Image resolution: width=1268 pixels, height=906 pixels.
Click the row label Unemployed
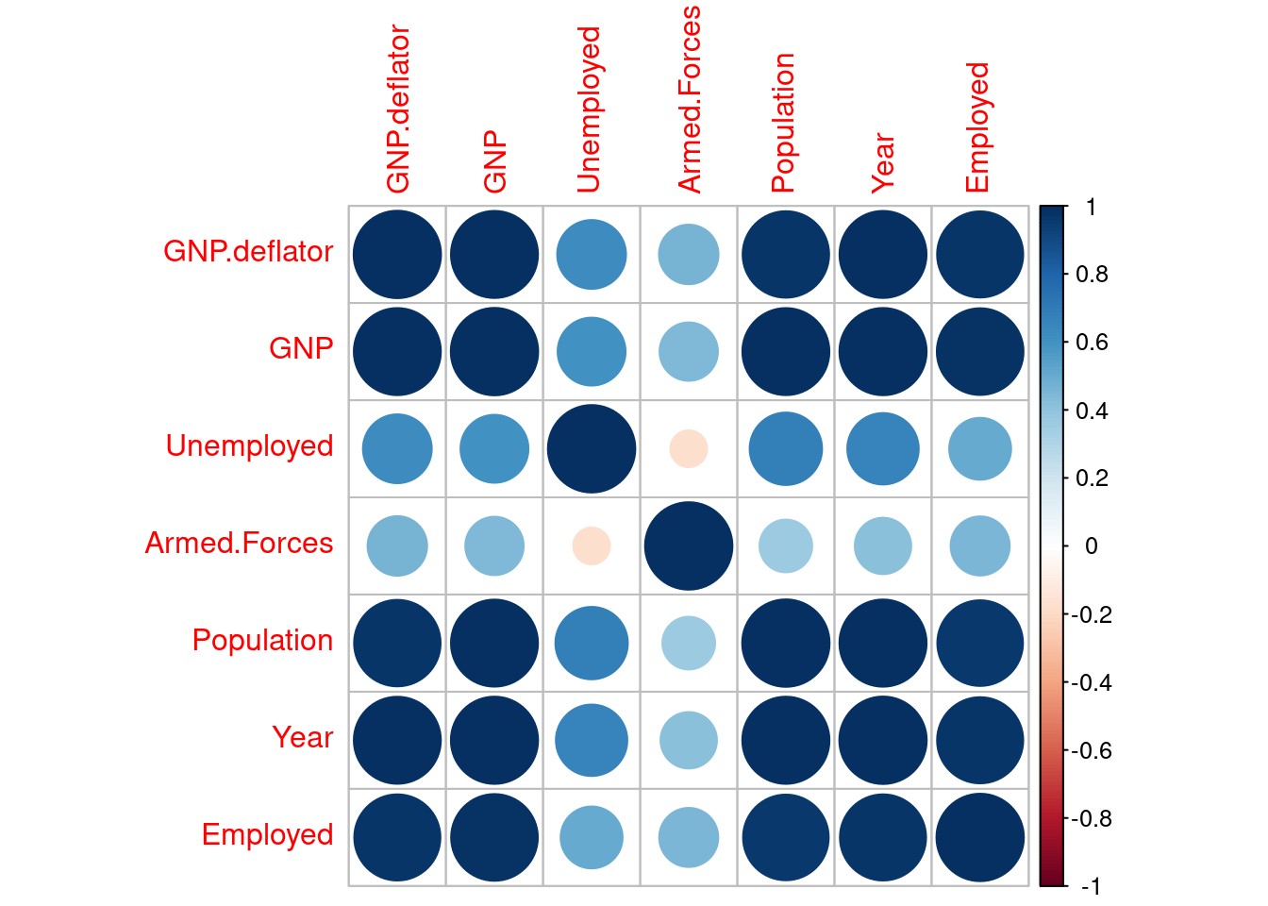coord(249,445)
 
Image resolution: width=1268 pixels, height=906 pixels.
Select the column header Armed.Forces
coord(690,99)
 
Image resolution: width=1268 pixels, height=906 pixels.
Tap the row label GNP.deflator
coord(248,252)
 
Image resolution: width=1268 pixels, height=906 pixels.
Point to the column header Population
coord(783,123)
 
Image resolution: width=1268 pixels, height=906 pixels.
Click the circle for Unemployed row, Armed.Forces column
coord(689,448)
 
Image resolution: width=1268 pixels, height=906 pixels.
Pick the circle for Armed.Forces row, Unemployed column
coord(592,545)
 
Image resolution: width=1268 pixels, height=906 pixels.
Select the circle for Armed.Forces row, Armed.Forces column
coord(689,545)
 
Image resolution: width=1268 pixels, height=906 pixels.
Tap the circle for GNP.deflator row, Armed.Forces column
coord(689,255)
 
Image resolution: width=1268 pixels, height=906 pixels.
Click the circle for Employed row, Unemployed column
coord(592,837)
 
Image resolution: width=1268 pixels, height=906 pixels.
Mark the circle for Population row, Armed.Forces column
coord(689,643)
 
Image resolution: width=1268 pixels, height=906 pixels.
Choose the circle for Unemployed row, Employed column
coord(980,448)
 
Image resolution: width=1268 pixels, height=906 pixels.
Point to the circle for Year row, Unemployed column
coord(592,740)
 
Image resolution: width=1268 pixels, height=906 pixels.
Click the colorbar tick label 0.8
coord(1092,275)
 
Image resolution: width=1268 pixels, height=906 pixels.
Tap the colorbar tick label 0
coord(1091,546)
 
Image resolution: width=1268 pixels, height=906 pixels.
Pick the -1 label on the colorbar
coord(1090,886)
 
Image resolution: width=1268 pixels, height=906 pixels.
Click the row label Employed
coord(267,834)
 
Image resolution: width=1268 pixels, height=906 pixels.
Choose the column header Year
coord(881,162)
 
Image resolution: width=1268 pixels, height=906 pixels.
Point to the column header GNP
coord(494,162)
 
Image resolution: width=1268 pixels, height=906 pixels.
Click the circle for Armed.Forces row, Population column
coord(786,545)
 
